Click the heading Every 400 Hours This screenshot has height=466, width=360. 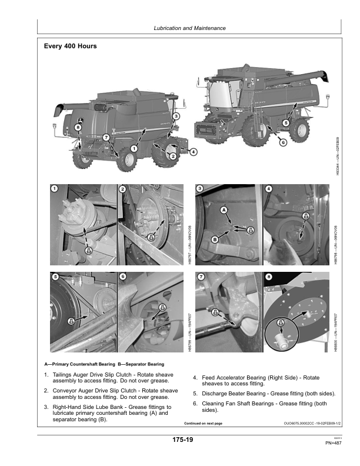[71, 46]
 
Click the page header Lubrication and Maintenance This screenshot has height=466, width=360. [189, 28]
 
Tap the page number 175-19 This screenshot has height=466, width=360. [183, 440]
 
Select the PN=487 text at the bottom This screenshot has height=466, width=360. [334, 443]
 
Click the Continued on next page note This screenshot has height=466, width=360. [203, 423]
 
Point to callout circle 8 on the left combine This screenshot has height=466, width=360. [79, 128]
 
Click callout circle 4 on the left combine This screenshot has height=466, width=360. [194, 151]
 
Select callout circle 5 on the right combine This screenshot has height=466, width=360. [286, 123]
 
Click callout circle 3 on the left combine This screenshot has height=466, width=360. [176, 116]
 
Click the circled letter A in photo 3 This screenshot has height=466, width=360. [224, 210]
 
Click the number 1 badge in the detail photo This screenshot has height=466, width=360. [54, 188]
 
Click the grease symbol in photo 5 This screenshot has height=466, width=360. [72, 321]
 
